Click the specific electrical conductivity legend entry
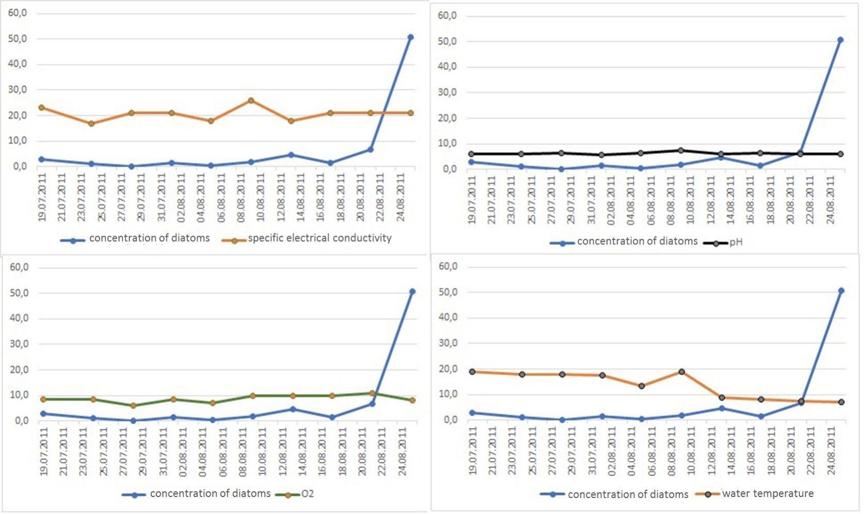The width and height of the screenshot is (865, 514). tap(319, 238)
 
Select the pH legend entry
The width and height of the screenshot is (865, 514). tap(736, 242)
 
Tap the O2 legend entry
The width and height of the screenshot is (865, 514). tap(307, 494)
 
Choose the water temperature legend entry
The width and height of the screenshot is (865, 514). tap(768, 494)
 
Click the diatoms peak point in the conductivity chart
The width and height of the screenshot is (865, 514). tap(410, 37)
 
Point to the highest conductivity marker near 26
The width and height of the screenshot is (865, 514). tap(251, 101)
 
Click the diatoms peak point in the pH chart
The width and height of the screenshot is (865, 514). tap(840, 40)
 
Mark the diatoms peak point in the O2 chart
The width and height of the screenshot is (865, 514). tap(412, 292)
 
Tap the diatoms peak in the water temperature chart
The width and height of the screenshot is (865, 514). tap(841, 291)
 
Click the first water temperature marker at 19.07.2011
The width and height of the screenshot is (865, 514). tap(472, 372)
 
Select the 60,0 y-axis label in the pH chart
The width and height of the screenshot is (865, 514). tap(447, 16)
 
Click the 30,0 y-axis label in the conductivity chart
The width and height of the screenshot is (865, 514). tap(17, 90)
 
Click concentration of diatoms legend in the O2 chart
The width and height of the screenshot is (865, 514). tap(210, 494)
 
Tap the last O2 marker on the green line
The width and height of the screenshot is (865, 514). tap(412, 400)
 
